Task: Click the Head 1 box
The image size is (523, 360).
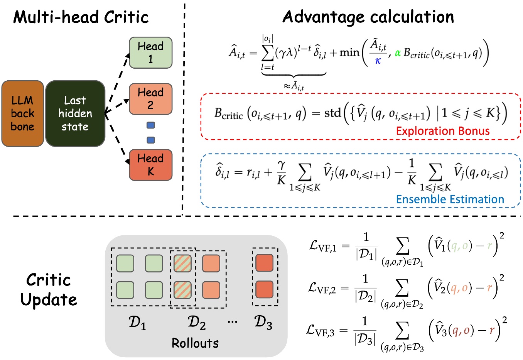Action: click(x=150, y=53)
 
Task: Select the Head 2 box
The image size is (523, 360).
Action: click(x=150, y=99)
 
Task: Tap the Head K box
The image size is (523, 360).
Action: click(x=150, y=165)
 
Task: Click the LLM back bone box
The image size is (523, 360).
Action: click(x=22, y=113)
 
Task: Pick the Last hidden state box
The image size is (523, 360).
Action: click(x=75, y=113)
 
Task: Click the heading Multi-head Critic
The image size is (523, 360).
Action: click(x=81, y=17)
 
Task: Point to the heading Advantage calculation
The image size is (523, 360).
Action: click(x=368, y=17)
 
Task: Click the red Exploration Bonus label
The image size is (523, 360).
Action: click(x=442, y=131)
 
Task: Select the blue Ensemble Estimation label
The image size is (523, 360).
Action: click(x=450, y=199)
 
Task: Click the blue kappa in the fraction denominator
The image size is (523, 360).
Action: click(x=378, y=61)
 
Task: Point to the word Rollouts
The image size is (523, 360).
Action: click(x=195, y=343)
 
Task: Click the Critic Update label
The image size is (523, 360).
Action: click(x=49, y=290)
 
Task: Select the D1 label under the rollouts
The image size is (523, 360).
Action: click(x=137, y=323)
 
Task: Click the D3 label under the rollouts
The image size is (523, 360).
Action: click(x=263, y=323)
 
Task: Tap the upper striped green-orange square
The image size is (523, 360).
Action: click(x=182, y=263)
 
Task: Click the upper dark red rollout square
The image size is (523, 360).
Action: click(x=264, y=263)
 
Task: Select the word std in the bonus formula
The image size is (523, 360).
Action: click(x=332, y=113)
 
